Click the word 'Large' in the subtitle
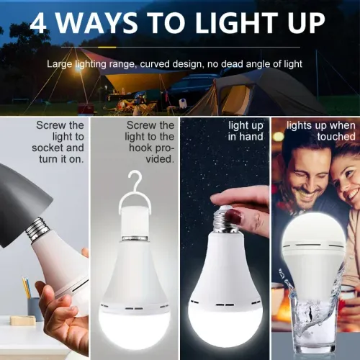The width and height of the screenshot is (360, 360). [60, 64]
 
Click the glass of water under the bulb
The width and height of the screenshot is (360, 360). [311, 317]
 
